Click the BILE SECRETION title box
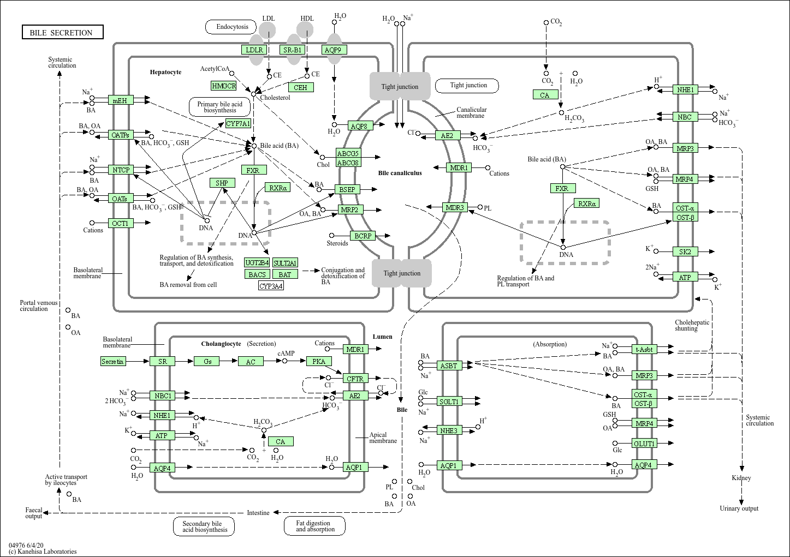(x=62, y=33)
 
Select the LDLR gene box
(x=254, y=50)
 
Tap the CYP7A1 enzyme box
(x=239, y=124)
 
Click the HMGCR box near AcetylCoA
(x=224, y=86)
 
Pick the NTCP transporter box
(x=121, y=170)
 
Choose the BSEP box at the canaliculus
(x=347, y=189)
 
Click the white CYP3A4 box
(x=271, y=286)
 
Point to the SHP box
(x=222, y=183)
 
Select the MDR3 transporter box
(x=455, y=207)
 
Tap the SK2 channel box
(x=685, y=251)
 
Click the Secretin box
(x=113, y=361)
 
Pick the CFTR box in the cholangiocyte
(x=355, y=378)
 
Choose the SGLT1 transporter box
(x=449, y=402)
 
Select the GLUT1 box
(x=644, y=444)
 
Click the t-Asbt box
(x=644, y=349)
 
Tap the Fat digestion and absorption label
(x=315, y=526)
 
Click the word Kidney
(x=741, y=478)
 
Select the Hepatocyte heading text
(x=165, y=72)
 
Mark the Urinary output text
(x=739, y=508)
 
